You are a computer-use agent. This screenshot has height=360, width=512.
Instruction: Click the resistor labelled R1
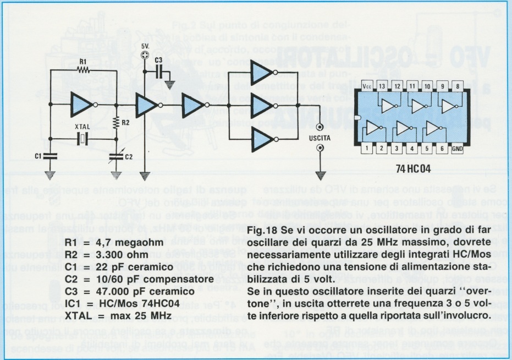coord(83,70)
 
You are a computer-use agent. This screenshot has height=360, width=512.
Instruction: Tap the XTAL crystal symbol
coord(82,139)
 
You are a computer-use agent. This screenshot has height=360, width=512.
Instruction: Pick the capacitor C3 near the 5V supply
coord(159,71)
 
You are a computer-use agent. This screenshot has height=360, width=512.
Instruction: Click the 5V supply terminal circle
coord(145,55)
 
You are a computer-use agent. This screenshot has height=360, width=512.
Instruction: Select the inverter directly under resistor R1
coord(83,104)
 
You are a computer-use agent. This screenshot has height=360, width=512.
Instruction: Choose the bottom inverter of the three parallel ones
coord(263,139)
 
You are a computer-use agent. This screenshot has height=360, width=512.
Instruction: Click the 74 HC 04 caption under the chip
coord(414,167)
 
